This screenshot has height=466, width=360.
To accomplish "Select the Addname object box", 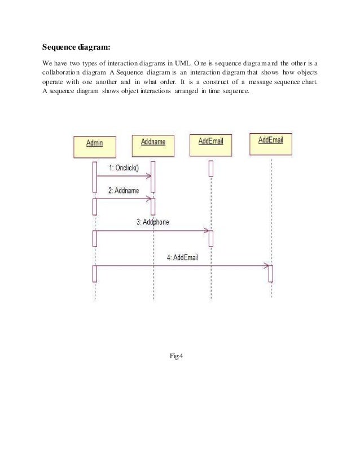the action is (153, 145).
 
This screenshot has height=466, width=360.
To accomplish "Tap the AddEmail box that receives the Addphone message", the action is (211, 144).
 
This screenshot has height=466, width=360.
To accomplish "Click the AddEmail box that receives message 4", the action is (270, 143).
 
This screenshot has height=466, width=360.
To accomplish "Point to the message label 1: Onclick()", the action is (123, 168).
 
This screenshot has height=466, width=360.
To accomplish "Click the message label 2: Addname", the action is (123, 191).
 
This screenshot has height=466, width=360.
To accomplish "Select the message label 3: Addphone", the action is (152, 222).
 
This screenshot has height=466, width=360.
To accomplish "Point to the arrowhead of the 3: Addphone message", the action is (207, 230).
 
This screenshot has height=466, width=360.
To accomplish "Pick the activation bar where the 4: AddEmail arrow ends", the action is (271, 273).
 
